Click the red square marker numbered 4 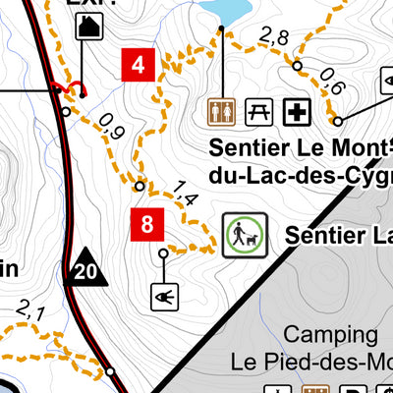[139, 65]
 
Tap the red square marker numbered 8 [147, 224]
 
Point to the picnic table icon [258, 113]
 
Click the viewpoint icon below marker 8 [163, 295]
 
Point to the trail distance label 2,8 [273, 38]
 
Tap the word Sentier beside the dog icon [325, 235]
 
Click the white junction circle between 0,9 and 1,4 [140, 185]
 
